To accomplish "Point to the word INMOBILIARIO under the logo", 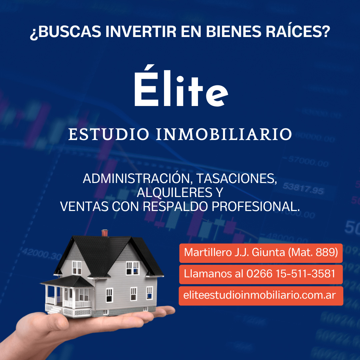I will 224,134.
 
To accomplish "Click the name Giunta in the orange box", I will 268,252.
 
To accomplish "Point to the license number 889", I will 326,252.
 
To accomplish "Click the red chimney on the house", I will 105,233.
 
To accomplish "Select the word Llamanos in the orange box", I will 204,274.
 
